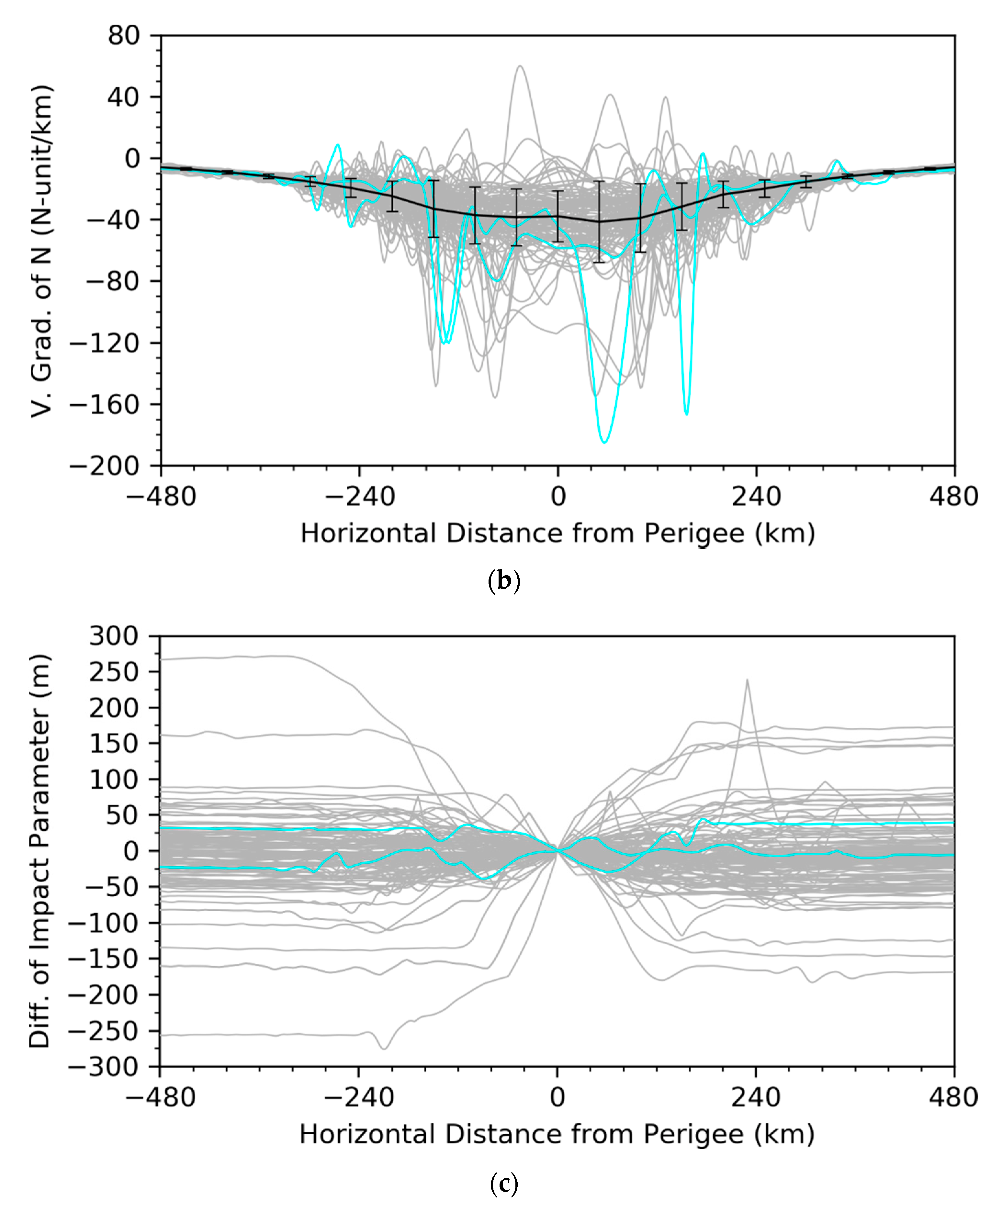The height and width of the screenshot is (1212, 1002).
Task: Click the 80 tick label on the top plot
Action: [124, 36]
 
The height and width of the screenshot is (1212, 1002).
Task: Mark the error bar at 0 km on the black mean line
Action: [557, 217]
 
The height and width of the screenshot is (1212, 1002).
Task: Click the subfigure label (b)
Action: [504, 581]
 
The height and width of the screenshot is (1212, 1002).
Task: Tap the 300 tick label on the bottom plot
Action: [114, 636]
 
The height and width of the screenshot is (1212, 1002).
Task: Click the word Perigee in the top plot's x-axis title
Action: [694, 533]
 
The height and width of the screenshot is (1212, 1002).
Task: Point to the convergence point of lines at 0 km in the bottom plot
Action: [557, 851]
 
